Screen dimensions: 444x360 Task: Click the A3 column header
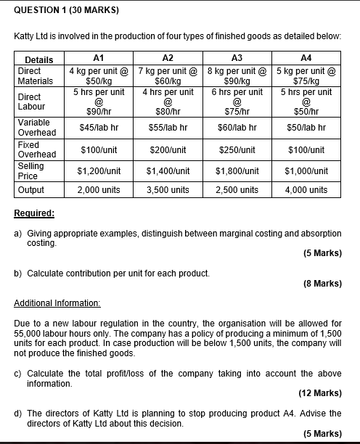coord(235,59)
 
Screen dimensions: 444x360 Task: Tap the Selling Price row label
coord(32,171)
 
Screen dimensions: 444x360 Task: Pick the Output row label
coord(30,190)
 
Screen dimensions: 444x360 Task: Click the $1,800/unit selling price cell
coord(237,171)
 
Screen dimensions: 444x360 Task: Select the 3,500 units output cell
coord(168,190)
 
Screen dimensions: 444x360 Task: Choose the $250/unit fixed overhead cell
coord(237,149)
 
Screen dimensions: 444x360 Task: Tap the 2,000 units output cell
coord(99,190)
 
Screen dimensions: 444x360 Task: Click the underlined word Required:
coord(35,214)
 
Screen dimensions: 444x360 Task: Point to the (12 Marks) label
coord(319,393)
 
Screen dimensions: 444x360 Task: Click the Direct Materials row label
coord(35,76)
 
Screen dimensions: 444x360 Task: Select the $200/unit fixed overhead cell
coord(168,149)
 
